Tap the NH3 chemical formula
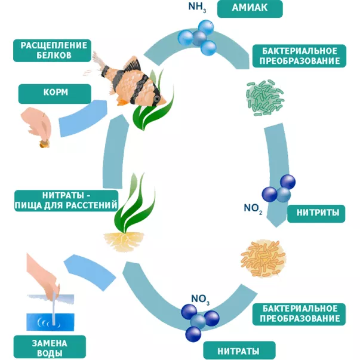pyautogui.click(x=197, y=8)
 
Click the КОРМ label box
pyautogui.click(x=54, y=94)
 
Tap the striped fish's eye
pyautogui.click(x=156, y=97)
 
